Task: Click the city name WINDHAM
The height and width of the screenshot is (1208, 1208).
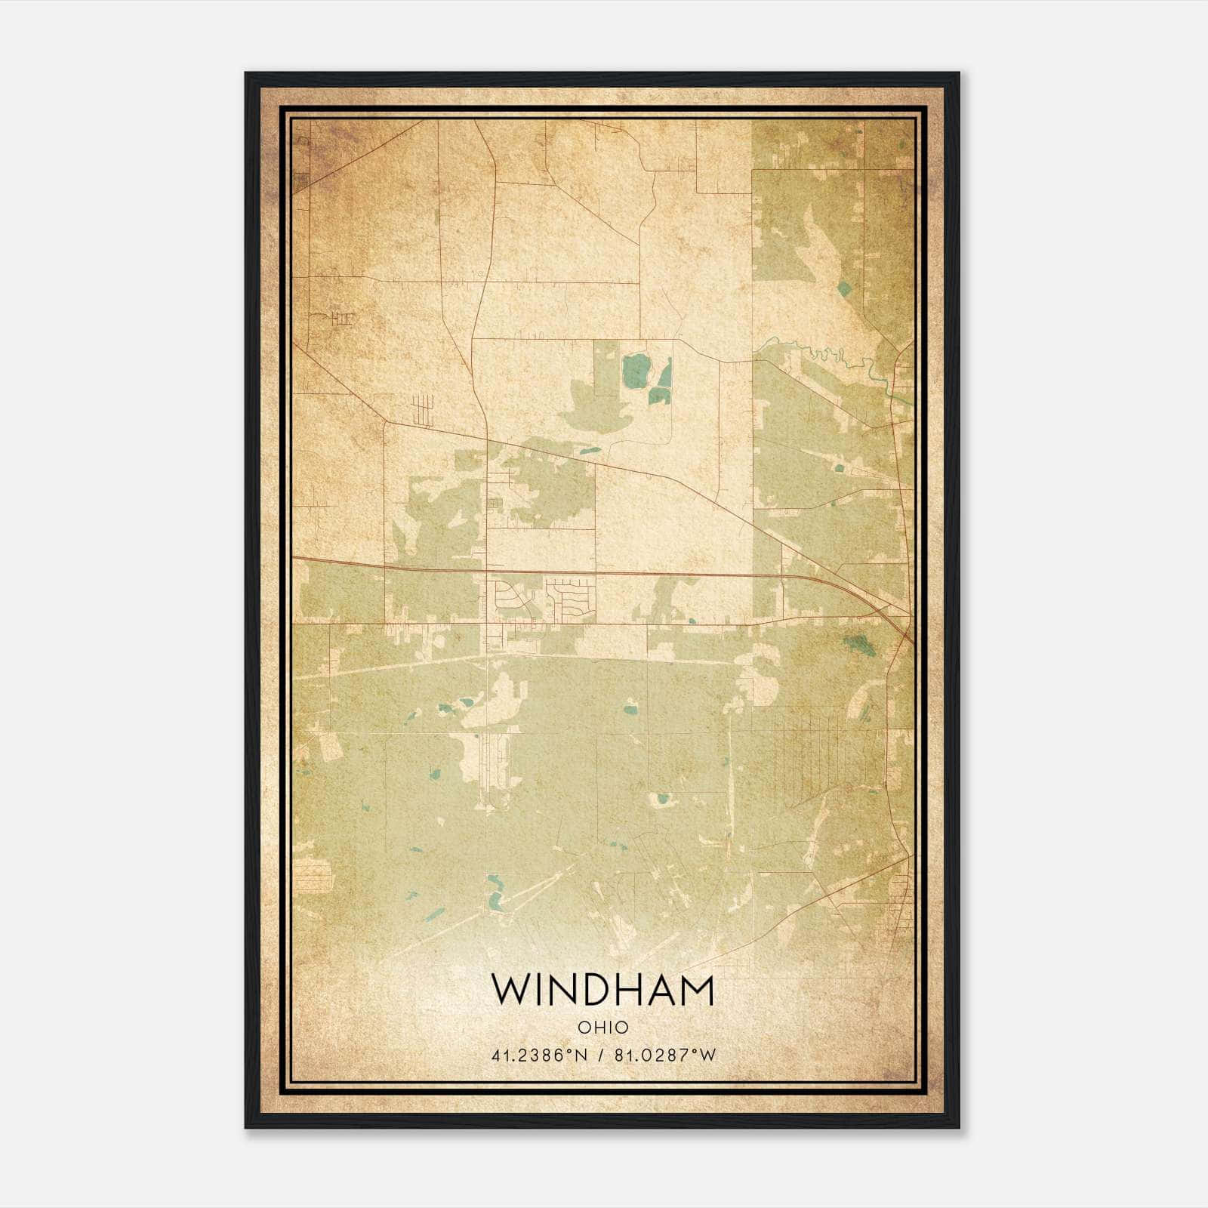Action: pyautogui.click(x=602, y=990)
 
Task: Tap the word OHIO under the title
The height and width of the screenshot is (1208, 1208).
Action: pyautogui.click(x=602, y=1028)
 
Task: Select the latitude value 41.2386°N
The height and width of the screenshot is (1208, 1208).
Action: pyautogui.click(x=539, y=1055)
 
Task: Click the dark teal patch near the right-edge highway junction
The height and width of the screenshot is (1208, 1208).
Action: pyautogui.click(x=856, y=643)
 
